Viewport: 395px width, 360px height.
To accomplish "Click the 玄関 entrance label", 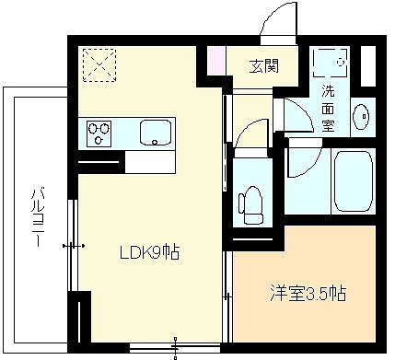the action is coord(263,65).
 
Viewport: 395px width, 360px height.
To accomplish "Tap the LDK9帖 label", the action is coord(149,252).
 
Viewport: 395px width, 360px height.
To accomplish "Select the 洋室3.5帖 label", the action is coord(308,294).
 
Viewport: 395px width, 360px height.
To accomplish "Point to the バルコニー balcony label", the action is coord(38,218).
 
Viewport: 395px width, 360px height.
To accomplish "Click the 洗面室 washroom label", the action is coord(328,108).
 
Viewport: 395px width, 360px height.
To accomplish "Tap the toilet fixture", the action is coord(251,204).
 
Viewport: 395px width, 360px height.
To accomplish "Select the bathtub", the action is coord(354,181).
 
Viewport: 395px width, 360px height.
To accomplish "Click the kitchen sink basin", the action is coord(156,133).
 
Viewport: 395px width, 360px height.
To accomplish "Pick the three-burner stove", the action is coord(99,134).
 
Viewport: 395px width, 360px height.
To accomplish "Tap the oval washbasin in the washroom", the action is coord(361,117).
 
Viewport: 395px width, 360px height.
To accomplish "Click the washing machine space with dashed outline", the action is coord(330,62).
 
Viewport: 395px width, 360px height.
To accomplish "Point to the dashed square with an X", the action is coord(99,64).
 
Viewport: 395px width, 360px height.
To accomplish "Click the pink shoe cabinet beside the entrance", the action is coord(216,60).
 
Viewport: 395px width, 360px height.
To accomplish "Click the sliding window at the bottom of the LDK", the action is coord(175,348).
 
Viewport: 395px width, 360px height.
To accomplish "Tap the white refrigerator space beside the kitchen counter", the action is coord(151,162).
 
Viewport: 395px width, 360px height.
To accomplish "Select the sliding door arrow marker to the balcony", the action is coord(74,246).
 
